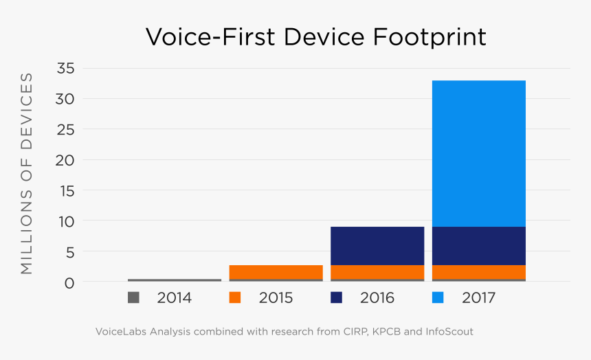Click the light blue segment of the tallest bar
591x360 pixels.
[x=478, y=153]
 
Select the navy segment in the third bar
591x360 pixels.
[x=377, y=245]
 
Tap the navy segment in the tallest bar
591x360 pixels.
[x=478, y=245]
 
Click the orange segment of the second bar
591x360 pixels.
[x=276, y=272]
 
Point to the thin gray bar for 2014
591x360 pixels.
[x=175, y=280]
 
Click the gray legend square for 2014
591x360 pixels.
[x=133, y=297]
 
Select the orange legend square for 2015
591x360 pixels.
[x=235, y=297]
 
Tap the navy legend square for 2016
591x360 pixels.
[x=337, y=297]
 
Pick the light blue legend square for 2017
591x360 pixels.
[x=438, y=297]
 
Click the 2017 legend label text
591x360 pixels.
[x=478, y=298]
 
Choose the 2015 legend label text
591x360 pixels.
[x=276, y=298]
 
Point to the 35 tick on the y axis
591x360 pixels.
[x=67, y=68]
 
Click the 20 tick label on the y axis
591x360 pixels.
[x=67, y=160]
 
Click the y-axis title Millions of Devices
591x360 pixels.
[x=26, y=172]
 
